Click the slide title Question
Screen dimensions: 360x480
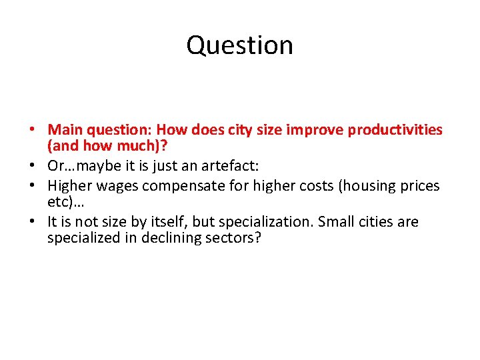point(239,45)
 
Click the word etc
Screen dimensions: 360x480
point(57,201)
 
